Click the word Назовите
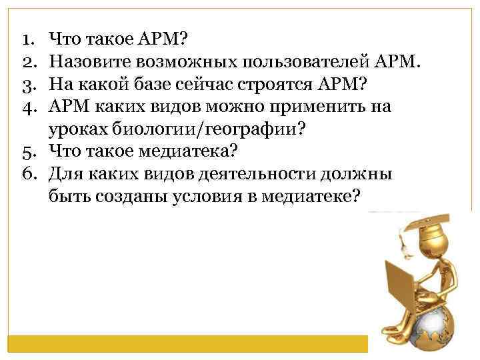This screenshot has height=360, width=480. (x=87, y=63)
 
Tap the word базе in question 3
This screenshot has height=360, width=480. (x=173, y=85)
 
